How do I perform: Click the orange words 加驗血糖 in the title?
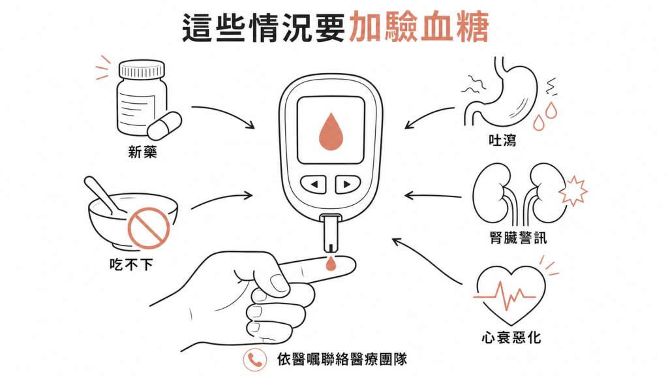418,27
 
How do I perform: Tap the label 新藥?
143,152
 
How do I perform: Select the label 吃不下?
131,265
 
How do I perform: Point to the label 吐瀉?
503,140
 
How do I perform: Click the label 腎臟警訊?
519,238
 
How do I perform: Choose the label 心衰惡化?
511,337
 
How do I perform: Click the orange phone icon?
255,360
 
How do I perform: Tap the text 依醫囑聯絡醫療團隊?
342,359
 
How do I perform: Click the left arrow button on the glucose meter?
314,185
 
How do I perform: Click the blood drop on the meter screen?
331,131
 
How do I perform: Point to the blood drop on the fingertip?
331,264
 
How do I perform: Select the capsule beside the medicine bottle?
164,126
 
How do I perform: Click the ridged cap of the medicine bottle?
142,69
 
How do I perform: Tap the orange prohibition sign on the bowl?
149,228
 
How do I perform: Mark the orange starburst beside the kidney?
573,191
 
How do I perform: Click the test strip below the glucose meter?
331,234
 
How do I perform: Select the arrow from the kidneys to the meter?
433,196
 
